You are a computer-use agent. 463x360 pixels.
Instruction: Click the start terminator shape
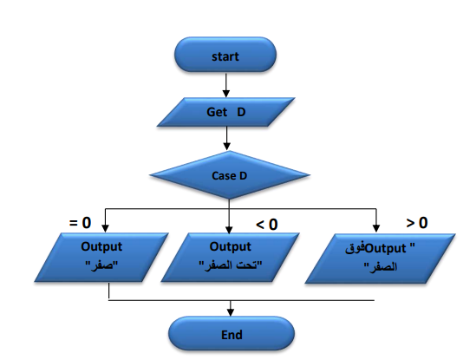point(225,55)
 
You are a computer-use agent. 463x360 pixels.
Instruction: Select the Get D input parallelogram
point(225,112)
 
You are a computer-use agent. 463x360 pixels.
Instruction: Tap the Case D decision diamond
point(230,175)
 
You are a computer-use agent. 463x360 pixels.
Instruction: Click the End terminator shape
point(231,334)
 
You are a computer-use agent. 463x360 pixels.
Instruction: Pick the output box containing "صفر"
point(101,258)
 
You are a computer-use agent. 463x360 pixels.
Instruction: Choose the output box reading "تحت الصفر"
point(230,258)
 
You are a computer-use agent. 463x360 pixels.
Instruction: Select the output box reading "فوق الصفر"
point(380,259)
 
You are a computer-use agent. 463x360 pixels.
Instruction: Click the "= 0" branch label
point(80,223)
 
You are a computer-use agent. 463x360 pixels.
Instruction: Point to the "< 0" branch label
point(267,225)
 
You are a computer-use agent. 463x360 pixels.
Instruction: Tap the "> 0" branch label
point(417,222)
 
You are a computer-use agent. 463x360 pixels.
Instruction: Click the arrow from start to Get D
point(226,85)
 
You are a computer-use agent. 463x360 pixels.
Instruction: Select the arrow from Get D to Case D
point(226,139)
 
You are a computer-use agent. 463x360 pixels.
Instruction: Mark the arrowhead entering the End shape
point(231,313)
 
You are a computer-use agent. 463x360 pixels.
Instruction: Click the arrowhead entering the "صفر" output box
point(105,228)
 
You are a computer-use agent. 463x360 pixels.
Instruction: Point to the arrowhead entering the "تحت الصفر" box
point(229,230)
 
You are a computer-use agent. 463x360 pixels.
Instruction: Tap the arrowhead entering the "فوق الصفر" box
point(376,228)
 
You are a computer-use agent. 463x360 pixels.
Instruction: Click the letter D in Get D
point(241,112)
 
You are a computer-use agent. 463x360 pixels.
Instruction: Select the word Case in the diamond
point(224,176)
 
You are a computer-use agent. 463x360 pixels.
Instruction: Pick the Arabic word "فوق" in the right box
point(355,248)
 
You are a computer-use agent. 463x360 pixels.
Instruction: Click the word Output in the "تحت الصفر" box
point(231,246)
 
